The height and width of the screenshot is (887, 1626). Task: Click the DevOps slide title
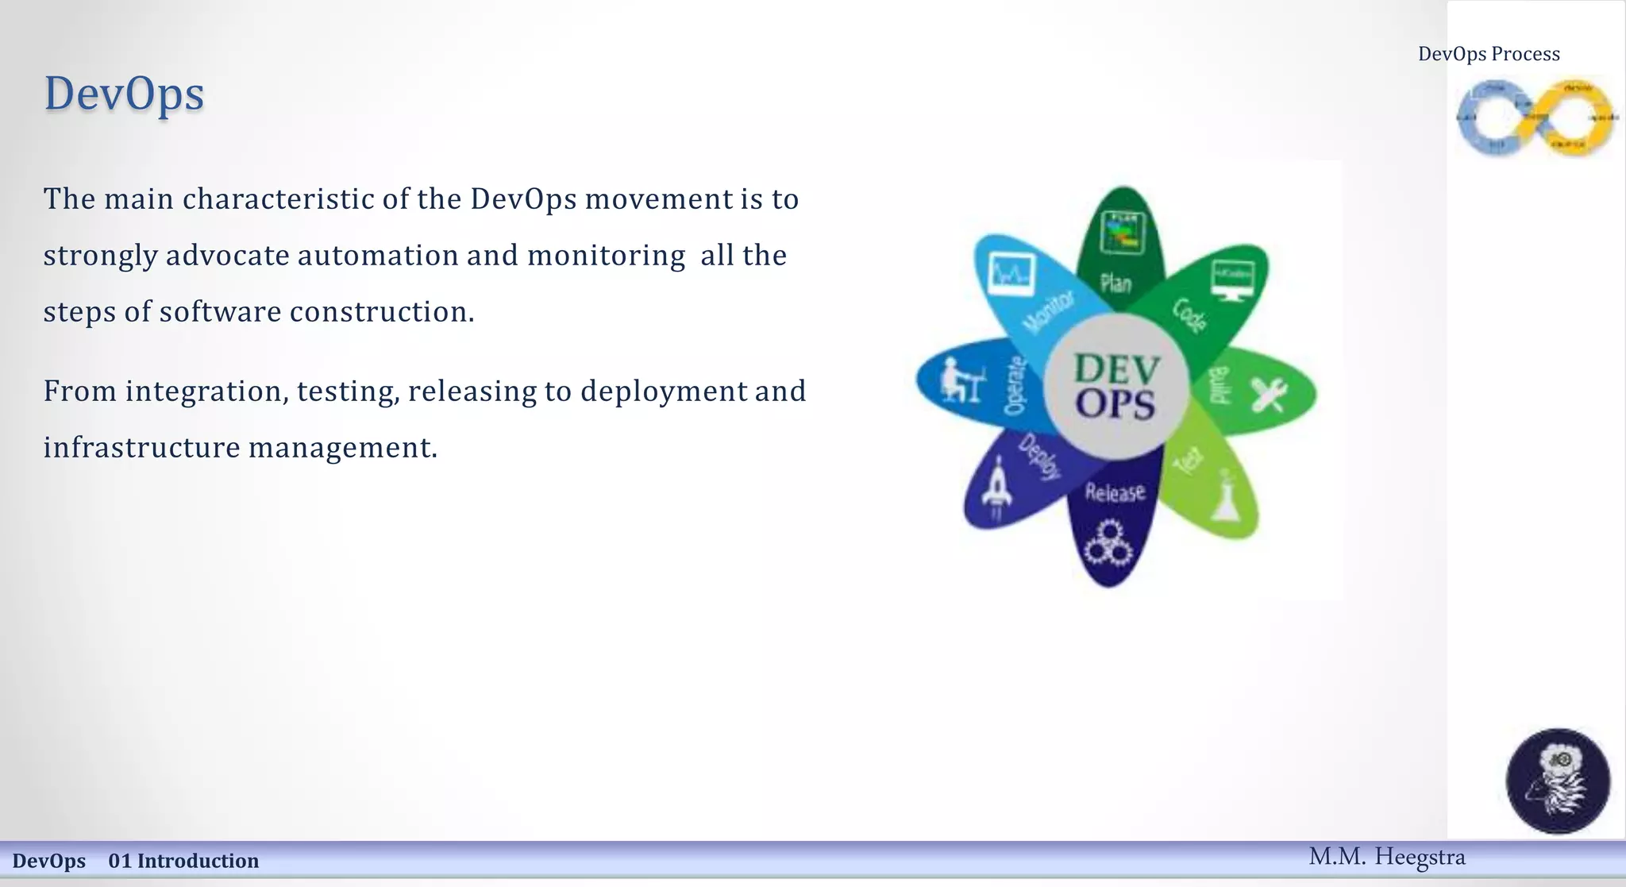(x=124, y=94)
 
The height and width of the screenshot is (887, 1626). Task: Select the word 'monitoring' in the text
(x=606, y=256)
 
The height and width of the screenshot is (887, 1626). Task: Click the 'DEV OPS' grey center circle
(x=1115, y=387)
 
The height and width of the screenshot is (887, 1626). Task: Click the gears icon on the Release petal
(x=1108, y=543)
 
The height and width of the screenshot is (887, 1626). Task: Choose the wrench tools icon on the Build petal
(x=1268, y=395)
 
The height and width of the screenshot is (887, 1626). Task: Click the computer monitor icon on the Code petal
(x=1232, y=280)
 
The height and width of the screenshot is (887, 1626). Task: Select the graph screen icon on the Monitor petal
(x=1011, y=275)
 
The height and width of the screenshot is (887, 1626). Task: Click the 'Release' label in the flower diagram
(x=1115, y=493)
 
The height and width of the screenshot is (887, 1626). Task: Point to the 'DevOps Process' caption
(x=1489, y=54)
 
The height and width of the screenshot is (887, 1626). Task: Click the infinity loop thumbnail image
(x=1535, y=118)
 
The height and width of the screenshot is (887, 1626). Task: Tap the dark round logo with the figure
(x=1557, y=781)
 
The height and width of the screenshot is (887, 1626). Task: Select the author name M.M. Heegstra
(x=1386, y=858)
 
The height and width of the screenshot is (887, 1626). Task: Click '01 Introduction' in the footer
(x=183, y=861)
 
